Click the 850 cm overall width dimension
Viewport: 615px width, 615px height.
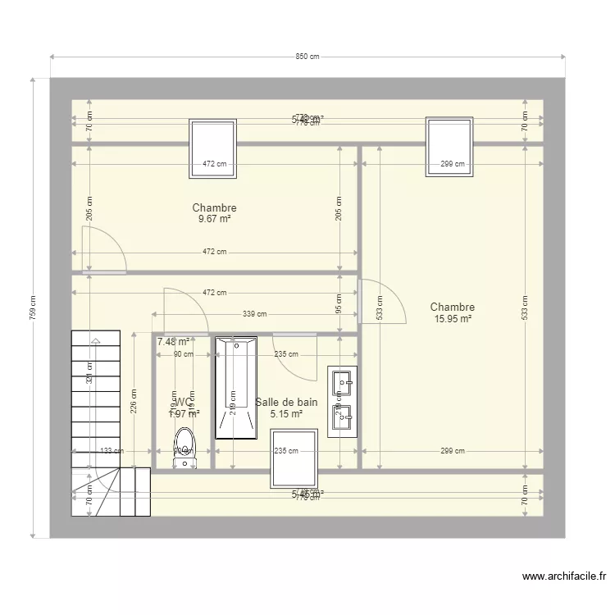coord(307,57)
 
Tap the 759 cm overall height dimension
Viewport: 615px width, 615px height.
coord(33,307)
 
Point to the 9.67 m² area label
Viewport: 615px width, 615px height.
coord(214,220)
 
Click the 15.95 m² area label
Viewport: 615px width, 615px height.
coord(453,319)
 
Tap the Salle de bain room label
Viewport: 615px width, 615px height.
coord(286,402)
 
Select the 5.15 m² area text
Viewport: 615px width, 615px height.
coord(286,414)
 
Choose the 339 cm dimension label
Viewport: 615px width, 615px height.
coord(255,313)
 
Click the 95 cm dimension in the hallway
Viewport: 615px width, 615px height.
coord(339,305)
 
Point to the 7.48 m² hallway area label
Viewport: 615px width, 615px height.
coord(173,342)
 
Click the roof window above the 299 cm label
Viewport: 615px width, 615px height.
coord(450,146)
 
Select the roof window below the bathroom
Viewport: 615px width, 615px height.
coord(294,458)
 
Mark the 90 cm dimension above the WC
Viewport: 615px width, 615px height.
coord(183,354)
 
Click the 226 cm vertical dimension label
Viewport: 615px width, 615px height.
coord(134,400)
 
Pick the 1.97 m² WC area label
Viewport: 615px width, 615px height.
coord(184,414)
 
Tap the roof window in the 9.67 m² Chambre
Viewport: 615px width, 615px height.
coord(213,148)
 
